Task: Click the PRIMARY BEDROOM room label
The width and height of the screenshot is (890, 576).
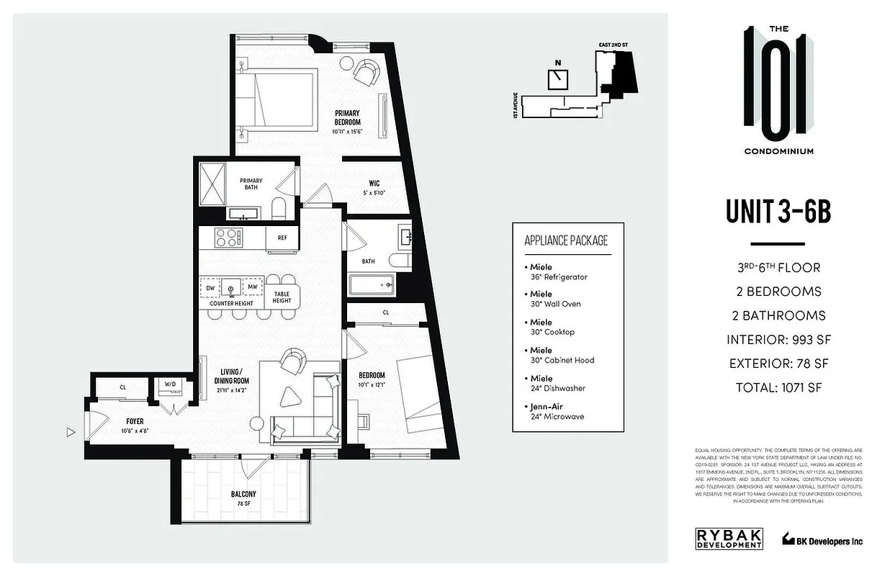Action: [346, 118]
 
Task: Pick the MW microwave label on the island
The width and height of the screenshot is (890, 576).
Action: [252, 288]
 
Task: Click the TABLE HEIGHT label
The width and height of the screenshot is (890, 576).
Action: [282, 297]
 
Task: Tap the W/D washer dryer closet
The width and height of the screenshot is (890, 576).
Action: [170, 385]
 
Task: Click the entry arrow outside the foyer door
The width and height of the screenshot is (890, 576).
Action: [70, 432]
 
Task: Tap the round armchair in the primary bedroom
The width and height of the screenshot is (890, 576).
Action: [366, 71]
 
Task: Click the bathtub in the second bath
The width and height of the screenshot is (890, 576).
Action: [372, 285]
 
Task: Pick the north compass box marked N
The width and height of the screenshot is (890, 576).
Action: [557, 78]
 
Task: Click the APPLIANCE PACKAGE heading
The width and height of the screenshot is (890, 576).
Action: [567, 240]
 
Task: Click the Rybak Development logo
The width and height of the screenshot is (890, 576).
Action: [729, 539]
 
